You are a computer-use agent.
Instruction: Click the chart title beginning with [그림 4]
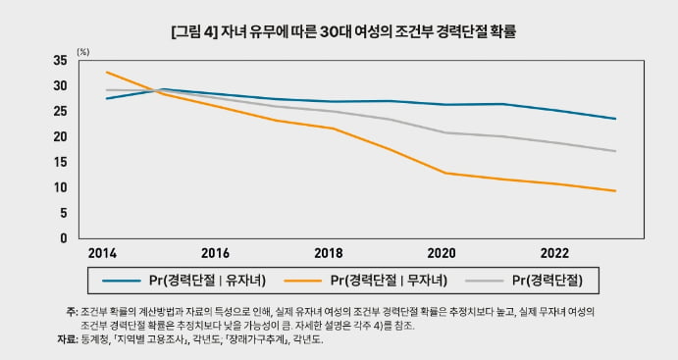pyautogui.click(x=343, y=32)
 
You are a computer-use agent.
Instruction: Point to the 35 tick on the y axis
pyautogui.click(x=60, y=61)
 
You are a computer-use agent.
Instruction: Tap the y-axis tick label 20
pyautogui.click(x=60, y=136)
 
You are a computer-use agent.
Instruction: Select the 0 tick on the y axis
pyautogui.click(x=64, y=238)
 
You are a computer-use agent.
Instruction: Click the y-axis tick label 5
pyautogui.click(x=64, y=213)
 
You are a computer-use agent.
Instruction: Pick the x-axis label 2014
pyautogui.click(x=102, y=253)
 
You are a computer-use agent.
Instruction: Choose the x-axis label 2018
pyautogui.click(x=329, y=253)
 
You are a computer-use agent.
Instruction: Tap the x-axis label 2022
pyautogui.click(x=554, y=253)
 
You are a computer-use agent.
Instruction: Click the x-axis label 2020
pyautogui.click(x=442, y=253)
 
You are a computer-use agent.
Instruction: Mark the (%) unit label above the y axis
pyautogui.click(x=83, y=52)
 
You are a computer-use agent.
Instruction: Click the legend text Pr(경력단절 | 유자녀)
pyautogui.click(x=208, y=281)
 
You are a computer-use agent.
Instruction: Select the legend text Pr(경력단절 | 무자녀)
pyautogui.click(x=389, y=281)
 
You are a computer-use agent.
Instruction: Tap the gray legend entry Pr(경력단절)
pyautogui.click(x=548, y=281)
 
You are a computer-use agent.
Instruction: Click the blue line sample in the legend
pyautogui.click(x=122, y=281)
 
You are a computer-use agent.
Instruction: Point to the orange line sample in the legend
pyautogui.click(x=302, y=281)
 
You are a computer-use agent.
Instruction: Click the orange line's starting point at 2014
pyautogui.click(x=106, y=73)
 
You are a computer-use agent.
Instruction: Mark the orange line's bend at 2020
pyautogui.click(x=445, y=174)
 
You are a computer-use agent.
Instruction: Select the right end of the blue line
pyautogui.click(x=615, y=119)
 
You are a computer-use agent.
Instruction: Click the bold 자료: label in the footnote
pyautogui.click(x=67, y=339)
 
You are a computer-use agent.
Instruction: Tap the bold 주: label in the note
pyautogui.click(x=72, y=312)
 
